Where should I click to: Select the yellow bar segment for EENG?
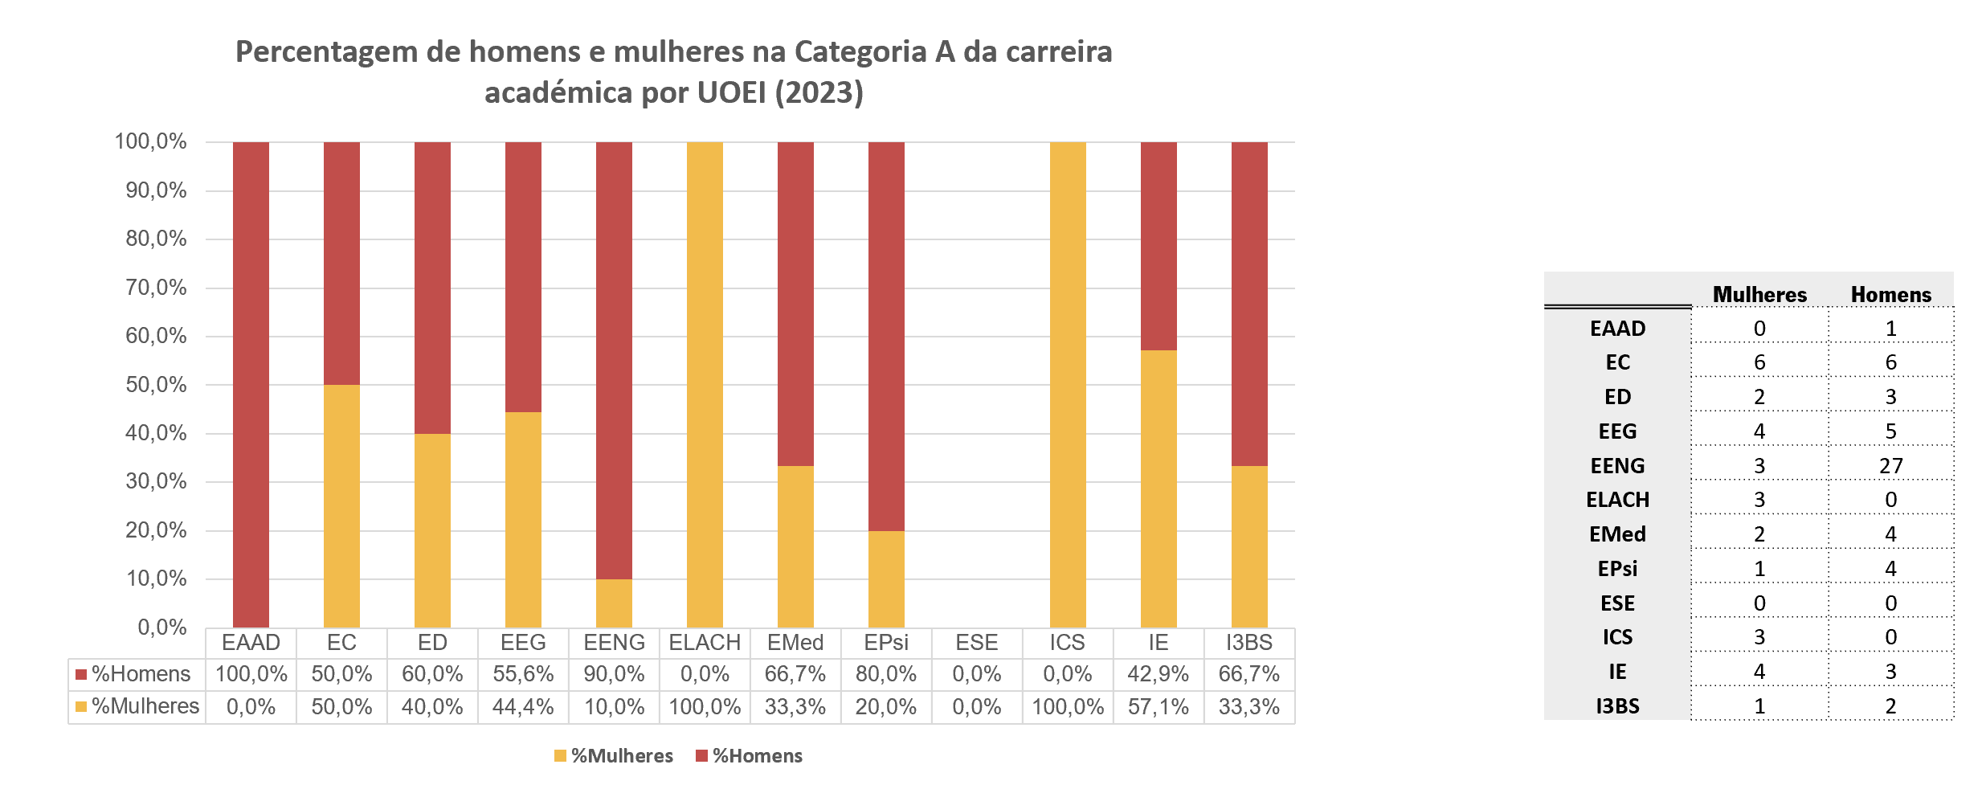[614, 603]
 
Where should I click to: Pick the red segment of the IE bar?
[1158, 246]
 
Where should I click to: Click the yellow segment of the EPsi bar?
[886, 579]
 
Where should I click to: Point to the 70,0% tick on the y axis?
[156, 288]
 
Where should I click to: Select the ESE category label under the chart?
[976, 643]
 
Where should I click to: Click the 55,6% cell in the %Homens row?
[523, 674]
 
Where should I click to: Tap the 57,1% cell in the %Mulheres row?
[1158, 707]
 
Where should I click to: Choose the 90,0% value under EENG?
[614, 674]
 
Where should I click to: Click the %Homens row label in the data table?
[140, 674]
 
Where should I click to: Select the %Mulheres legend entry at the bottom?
[614, 756]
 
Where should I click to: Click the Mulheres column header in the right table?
[1759, 295]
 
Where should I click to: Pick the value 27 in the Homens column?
[1890, 466]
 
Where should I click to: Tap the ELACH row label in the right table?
[1617, 500]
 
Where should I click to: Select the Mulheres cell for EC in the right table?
[1759, 362]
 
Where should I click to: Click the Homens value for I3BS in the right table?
[1890, 706]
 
